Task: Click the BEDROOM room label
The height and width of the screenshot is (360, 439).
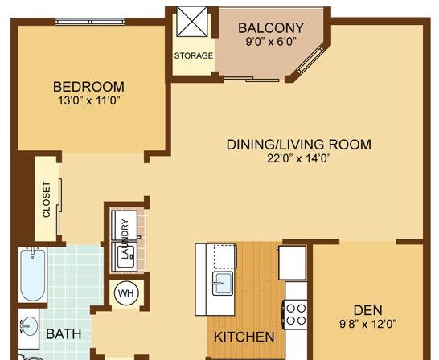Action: [88, 87]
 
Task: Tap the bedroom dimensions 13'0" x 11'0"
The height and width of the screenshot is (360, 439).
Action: [88, 100]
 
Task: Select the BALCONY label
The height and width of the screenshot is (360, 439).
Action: [271, 27]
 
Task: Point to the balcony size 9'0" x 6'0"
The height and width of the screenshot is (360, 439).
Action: [271, 42]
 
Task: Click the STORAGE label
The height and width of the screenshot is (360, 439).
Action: [194, 55]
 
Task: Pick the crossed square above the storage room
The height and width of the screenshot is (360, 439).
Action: [192, 22]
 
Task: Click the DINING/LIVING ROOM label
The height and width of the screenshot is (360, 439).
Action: [299, 145]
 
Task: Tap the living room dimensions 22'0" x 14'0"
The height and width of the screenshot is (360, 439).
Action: [299, 158]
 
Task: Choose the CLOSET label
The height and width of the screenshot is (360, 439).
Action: [47, 199]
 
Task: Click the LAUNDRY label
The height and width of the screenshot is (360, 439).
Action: [125, 239]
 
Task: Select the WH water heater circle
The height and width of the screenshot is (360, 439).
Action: [126, 293]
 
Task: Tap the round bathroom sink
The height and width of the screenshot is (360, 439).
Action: [29, 326]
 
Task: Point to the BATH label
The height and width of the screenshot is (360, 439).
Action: [64, 334]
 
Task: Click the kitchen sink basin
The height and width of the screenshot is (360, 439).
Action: [223, 283]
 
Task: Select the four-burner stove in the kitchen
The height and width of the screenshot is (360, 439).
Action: [296, 314]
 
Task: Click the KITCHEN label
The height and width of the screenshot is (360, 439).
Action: [244, 337]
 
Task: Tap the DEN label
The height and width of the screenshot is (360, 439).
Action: [368, 310]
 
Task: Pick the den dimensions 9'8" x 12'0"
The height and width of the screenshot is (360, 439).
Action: [368, 324]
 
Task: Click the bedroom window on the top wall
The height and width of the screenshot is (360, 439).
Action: [90, 22]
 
